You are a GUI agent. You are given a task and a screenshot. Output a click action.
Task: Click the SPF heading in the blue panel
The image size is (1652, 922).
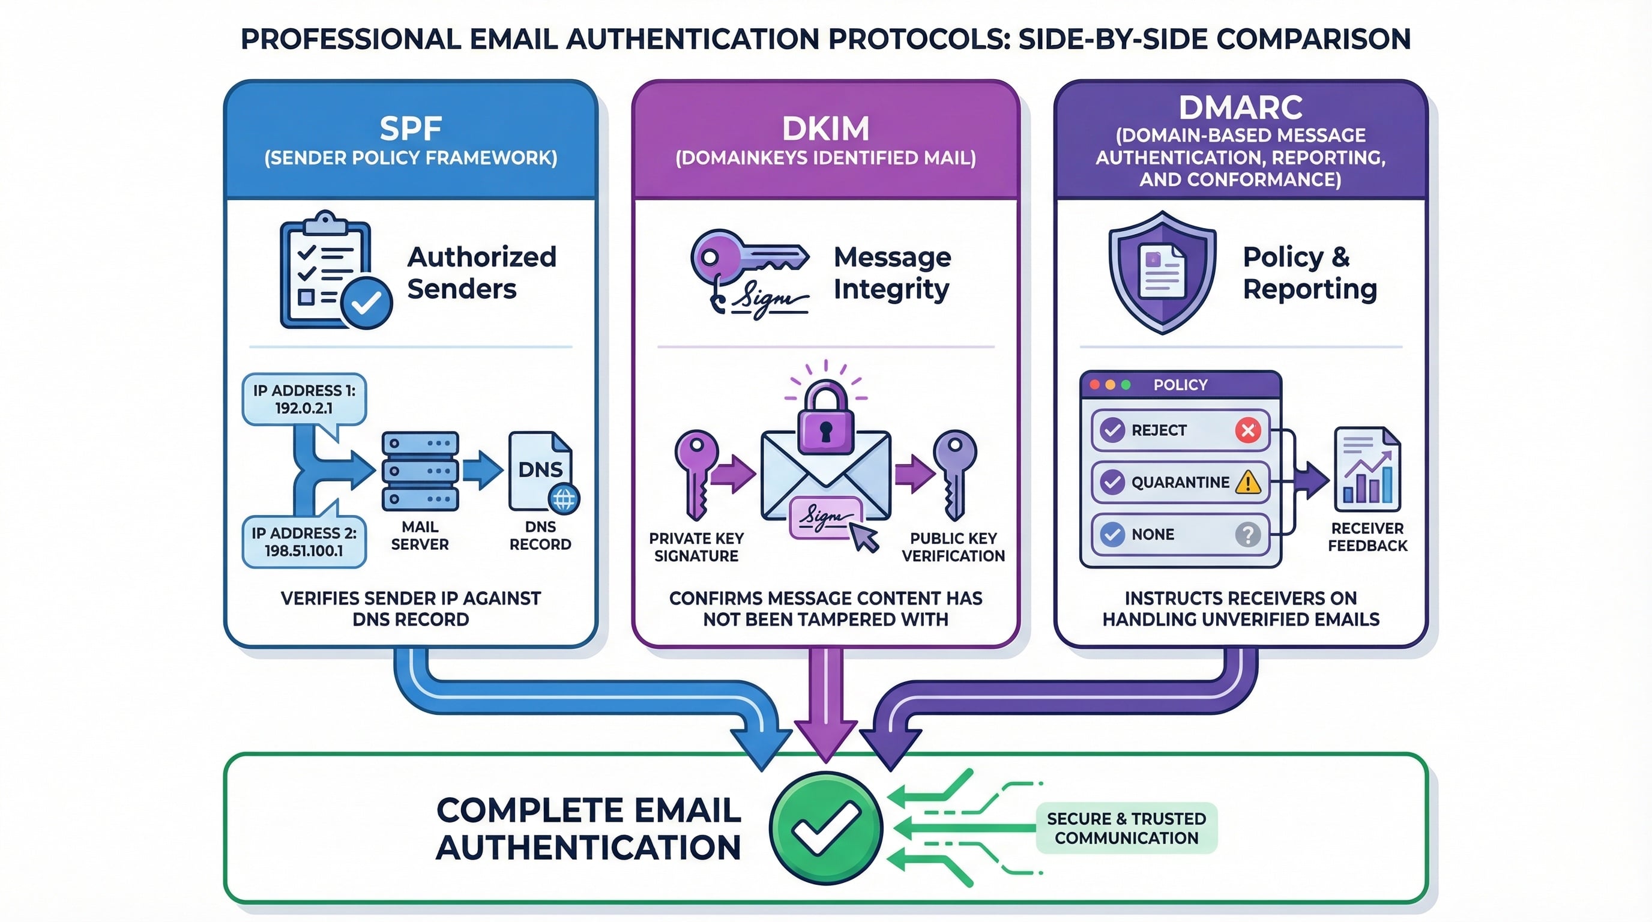(x=411, y=128)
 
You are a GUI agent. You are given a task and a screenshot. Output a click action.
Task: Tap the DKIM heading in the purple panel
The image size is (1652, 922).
(x=825, y=128)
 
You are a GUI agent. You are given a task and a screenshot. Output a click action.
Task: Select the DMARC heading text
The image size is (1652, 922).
(x=1240, y=107)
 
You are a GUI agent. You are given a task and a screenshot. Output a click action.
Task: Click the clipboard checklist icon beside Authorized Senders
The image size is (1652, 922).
(x=330, y=271)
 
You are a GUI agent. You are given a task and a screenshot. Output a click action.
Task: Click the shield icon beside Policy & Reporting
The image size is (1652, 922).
(x=1162, y=272)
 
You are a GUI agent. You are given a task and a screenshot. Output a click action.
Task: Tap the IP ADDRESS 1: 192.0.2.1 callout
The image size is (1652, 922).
(x=304, y=399)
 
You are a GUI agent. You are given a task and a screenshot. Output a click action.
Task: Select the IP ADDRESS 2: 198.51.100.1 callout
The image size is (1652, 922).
(x=304, y=542)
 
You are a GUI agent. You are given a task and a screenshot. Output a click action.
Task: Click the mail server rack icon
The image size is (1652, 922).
(x=420, y=471)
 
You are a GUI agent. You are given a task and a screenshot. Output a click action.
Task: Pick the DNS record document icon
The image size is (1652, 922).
(x=541, y=471)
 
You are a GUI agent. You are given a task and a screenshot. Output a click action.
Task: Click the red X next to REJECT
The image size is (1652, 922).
(x=1248, y=430)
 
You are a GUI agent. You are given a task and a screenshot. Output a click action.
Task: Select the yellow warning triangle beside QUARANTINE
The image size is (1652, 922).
(x=1248, y=482)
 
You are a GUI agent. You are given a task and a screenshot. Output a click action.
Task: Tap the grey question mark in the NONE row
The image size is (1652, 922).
(x=1248, y=534)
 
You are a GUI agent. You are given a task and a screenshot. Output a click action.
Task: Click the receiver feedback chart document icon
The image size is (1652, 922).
(x=1367, y=469)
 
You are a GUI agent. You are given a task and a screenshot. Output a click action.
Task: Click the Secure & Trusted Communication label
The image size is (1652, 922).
(x=1126, y=828)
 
